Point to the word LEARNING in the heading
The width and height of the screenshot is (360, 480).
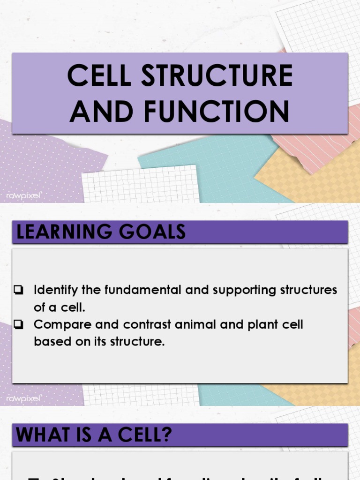63,232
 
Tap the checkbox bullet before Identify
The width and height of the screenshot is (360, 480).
19,290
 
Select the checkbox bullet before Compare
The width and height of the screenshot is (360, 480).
19,324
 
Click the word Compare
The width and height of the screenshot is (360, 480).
56,324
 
